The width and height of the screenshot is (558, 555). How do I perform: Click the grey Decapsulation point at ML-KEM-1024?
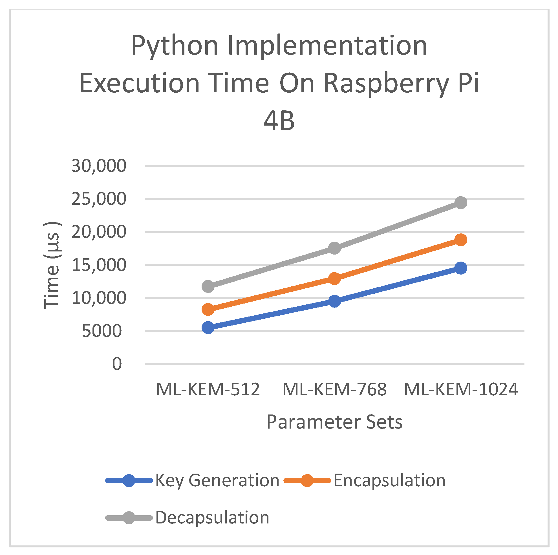[461, 202]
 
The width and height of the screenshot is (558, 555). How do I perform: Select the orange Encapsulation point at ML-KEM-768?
[334, 279]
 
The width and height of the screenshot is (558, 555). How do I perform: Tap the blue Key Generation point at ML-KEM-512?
[208, 327]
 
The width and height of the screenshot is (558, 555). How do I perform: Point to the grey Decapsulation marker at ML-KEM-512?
[208, 286]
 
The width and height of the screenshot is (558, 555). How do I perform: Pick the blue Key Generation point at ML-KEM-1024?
[461, 268]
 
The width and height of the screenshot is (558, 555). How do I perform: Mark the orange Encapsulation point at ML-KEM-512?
[208, 309]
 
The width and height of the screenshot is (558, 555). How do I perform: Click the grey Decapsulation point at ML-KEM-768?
[334, 248]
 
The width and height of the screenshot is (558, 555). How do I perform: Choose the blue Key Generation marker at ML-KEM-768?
[334, 301]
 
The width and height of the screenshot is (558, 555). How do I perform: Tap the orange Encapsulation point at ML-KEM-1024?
[461, 240]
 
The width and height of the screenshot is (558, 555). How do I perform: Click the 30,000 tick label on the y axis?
[99, 166]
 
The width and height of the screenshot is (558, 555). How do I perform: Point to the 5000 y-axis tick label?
[102, 331]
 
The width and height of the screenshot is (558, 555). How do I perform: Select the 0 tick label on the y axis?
[117, 364]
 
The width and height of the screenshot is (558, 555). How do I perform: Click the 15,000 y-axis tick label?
[99, 265]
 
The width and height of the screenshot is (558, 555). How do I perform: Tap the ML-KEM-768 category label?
[334, 389]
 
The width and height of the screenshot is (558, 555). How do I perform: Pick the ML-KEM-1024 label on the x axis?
[461, 389]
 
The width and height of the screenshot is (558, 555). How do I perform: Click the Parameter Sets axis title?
[334, 422]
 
